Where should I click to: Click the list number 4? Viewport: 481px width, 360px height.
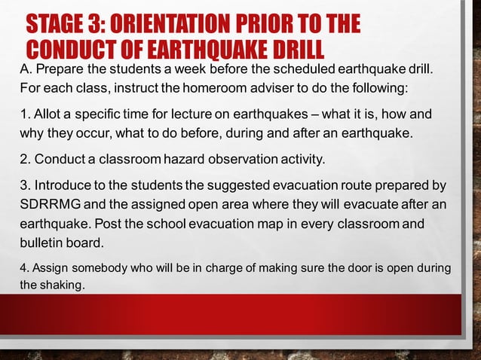point(22,269)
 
